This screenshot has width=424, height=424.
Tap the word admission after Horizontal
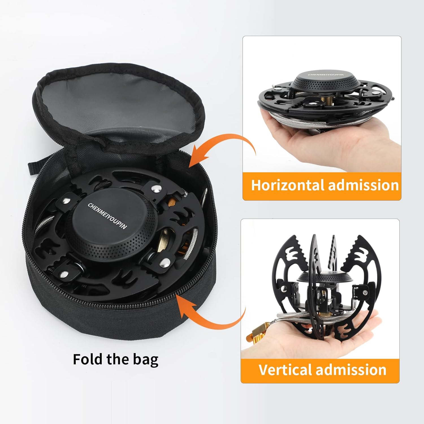click(x=363, y=185)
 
